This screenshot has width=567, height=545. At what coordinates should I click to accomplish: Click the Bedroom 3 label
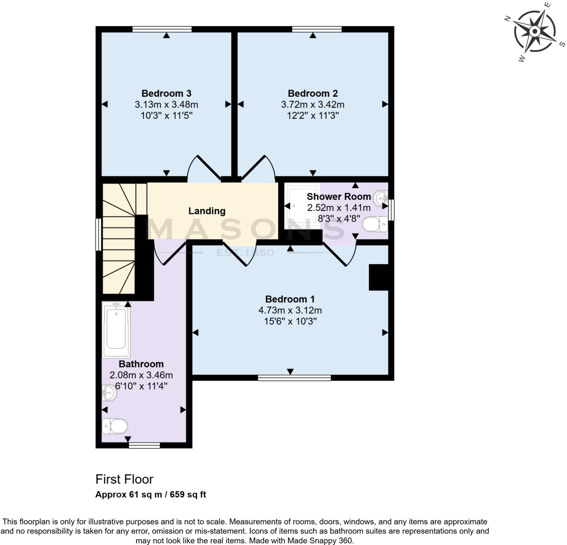click(166, 94)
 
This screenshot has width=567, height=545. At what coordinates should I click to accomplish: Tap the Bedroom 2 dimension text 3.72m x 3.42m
click(313, 104)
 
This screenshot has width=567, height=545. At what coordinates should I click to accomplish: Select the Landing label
click(207, 211)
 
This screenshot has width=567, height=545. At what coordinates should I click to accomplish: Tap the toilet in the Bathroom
click(115, 426)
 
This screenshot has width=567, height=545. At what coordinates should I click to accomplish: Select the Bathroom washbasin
click(109, 393)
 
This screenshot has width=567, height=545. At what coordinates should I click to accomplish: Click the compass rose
click(535, 31)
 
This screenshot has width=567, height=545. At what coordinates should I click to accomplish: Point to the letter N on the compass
click(507, 19)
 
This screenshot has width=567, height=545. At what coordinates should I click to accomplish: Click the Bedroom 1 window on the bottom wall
click(294, 378)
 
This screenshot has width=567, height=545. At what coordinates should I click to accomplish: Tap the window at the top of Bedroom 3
click(162, 29)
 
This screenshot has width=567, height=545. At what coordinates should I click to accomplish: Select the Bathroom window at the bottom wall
click(144, 445)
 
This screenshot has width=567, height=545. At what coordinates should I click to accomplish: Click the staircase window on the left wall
click(98, 235)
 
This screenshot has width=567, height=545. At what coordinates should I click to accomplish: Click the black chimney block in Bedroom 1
click(378, 277)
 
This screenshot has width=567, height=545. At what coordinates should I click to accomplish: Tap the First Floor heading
click(124, 480)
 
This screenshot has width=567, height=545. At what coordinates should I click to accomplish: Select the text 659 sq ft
click(188, 495)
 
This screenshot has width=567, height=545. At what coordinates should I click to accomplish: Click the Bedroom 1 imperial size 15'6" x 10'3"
click(290, 321)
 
